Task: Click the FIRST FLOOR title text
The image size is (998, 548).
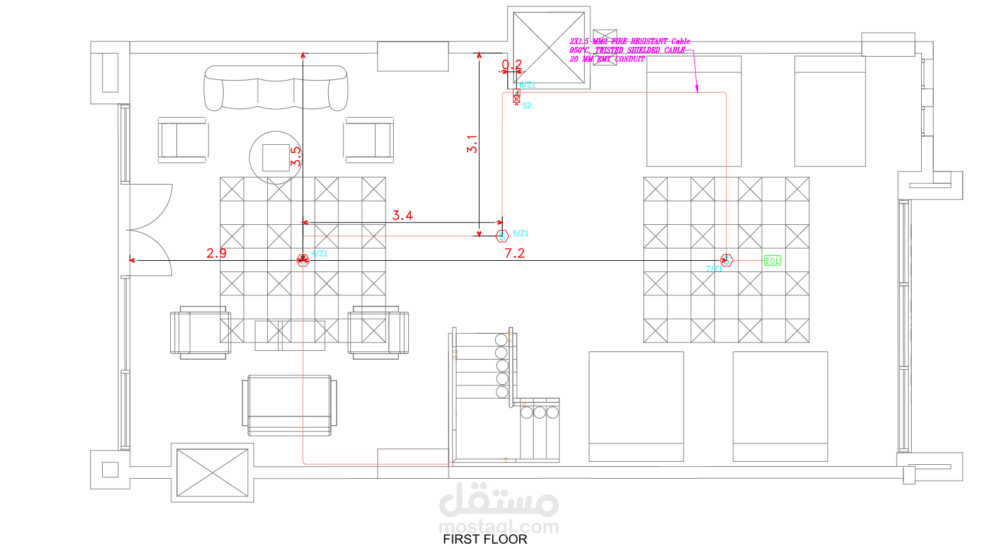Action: point(485,539)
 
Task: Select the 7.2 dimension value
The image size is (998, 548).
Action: point(514,253)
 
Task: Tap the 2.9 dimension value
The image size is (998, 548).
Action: point(216,253)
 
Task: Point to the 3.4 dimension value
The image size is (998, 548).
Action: point(403,215)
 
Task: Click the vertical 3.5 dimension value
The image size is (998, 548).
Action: point(295,156)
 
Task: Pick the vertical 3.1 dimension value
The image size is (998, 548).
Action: point(472,144)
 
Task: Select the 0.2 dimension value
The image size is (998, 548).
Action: point(512,64)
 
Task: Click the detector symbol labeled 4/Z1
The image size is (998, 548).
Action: point(303,260)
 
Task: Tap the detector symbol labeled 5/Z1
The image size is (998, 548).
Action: point(502,236)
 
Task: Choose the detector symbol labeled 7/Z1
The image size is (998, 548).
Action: point(726,260)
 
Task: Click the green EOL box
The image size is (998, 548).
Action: point(772,261)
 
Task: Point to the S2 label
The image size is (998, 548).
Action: point(527,106)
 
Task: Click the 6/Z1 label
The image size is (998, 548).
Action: point(527,85)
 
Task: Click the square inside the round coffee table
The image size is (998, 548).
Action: point(276,157)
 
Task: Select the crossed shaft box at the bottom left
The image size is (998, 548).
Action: point(212,472)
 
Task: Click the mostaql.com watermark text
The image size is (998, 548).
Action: point(498,527)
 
